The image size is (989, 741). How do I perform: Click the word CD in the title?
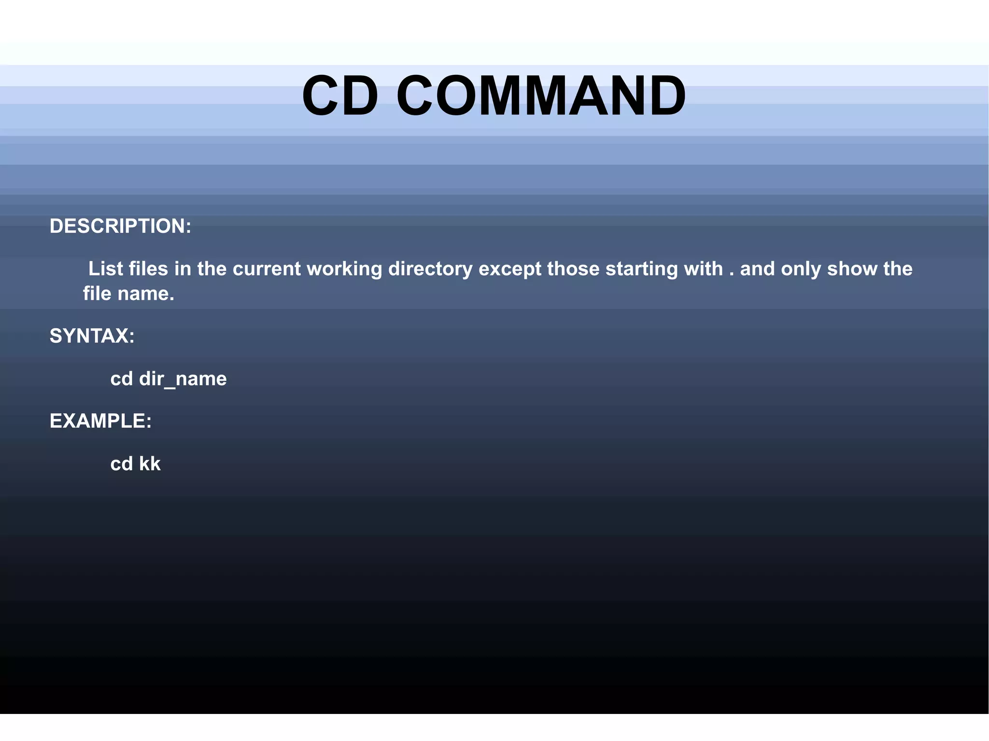pos(340,96)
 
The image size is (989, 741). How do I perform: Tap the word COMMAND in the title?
pos(541,96)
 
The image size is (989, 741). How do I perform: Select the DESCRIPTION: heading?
pos(120,226)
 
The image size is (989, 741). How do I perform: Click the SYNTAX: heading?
pos(92,336)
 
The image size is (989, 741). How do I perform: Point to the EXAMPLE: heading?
pos(100,421)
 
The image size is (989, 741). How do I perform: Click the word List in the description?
pos(105,268)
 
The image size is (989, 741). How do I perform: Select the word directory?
pos(430,269)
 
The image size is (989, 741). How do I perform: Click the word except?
pos(510,269)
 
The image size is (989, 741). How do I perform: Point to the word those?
pos(573,268)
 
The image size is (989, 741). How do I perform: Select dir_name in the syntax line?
pos(183,379)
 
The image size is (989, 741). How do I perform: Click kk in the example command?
pos(150,463)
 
